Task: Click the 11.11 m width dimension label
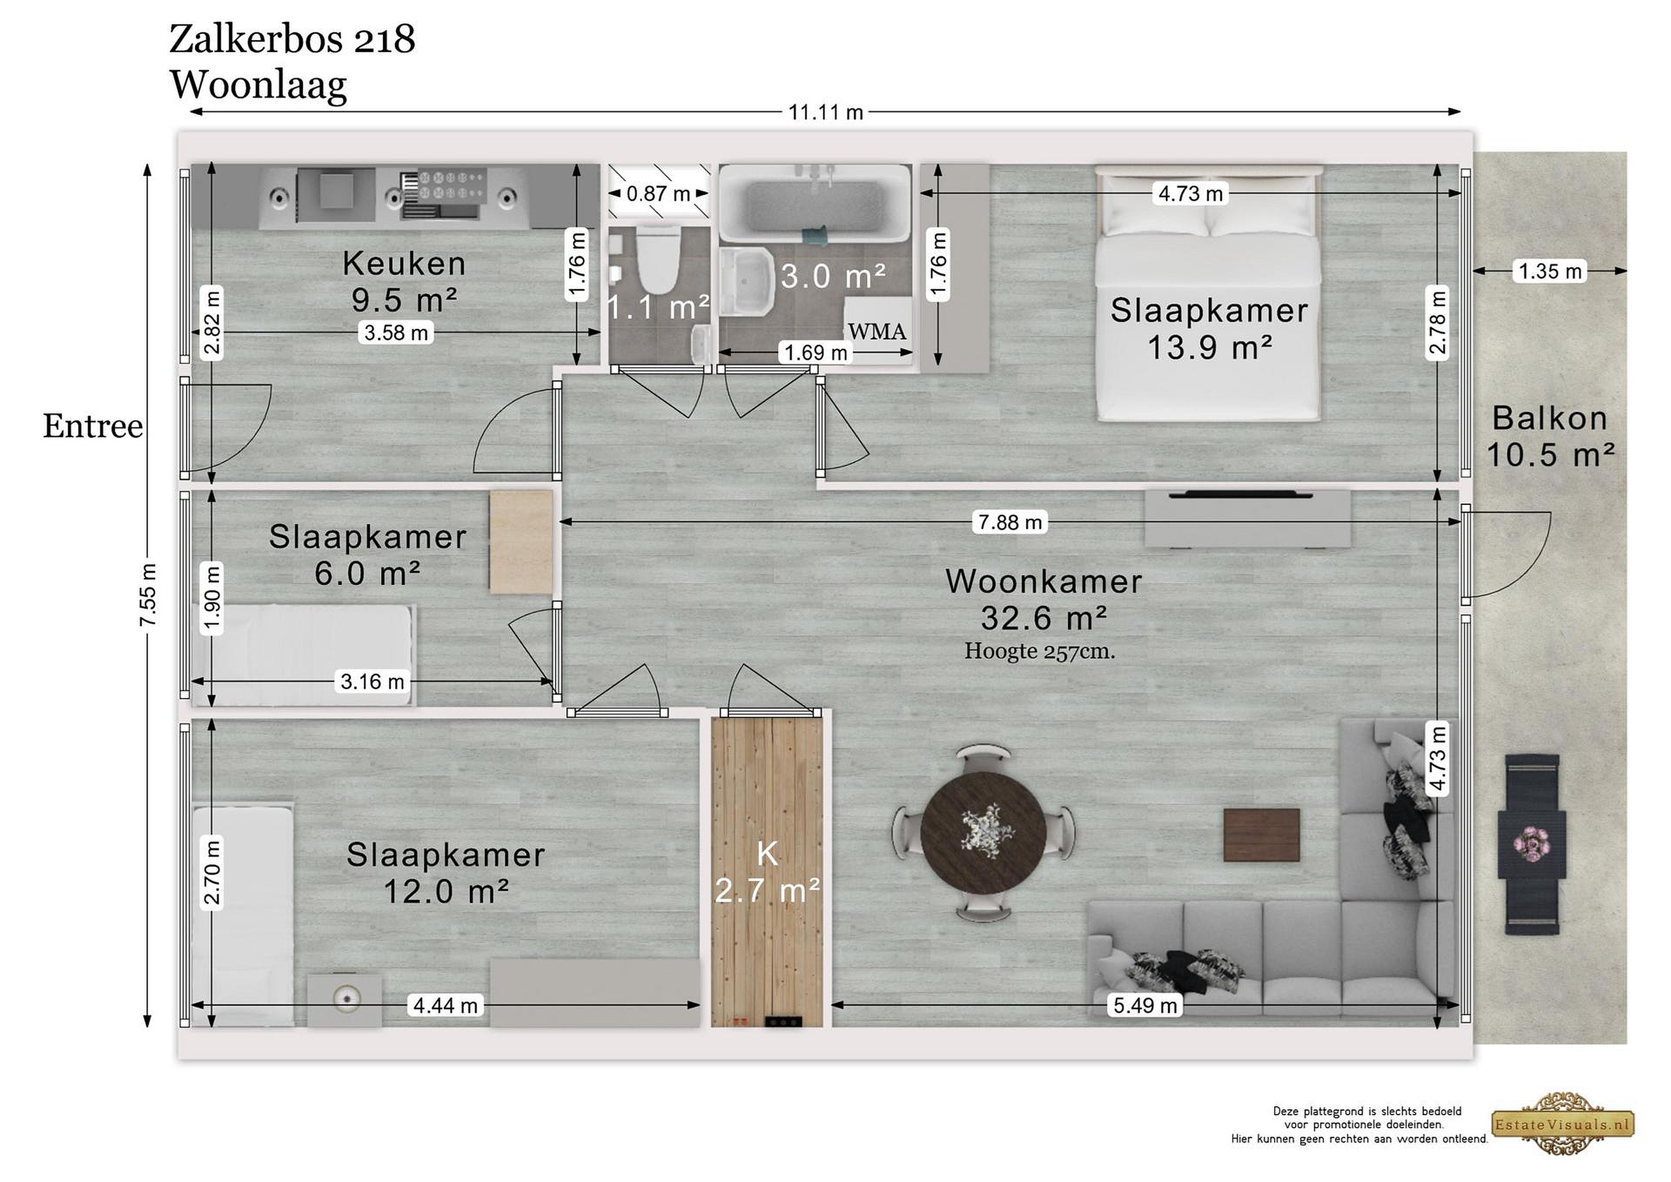[826, 113]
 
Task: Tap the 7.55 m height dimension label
[149, 595]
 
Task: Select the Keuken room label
[404, 263]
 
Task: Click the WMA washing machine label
[877, 332]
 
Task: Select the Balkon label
[1550, 418]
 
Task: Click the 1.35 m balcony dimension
[1550, 272]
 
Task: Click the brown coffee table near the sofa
[1261, 835]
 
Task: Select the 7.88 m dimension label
[1010, 522]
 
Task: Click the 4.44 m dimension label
[446, 1006]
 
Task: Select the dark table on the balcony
[1532, 844]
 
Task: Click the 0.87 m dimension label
[658, 194]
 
